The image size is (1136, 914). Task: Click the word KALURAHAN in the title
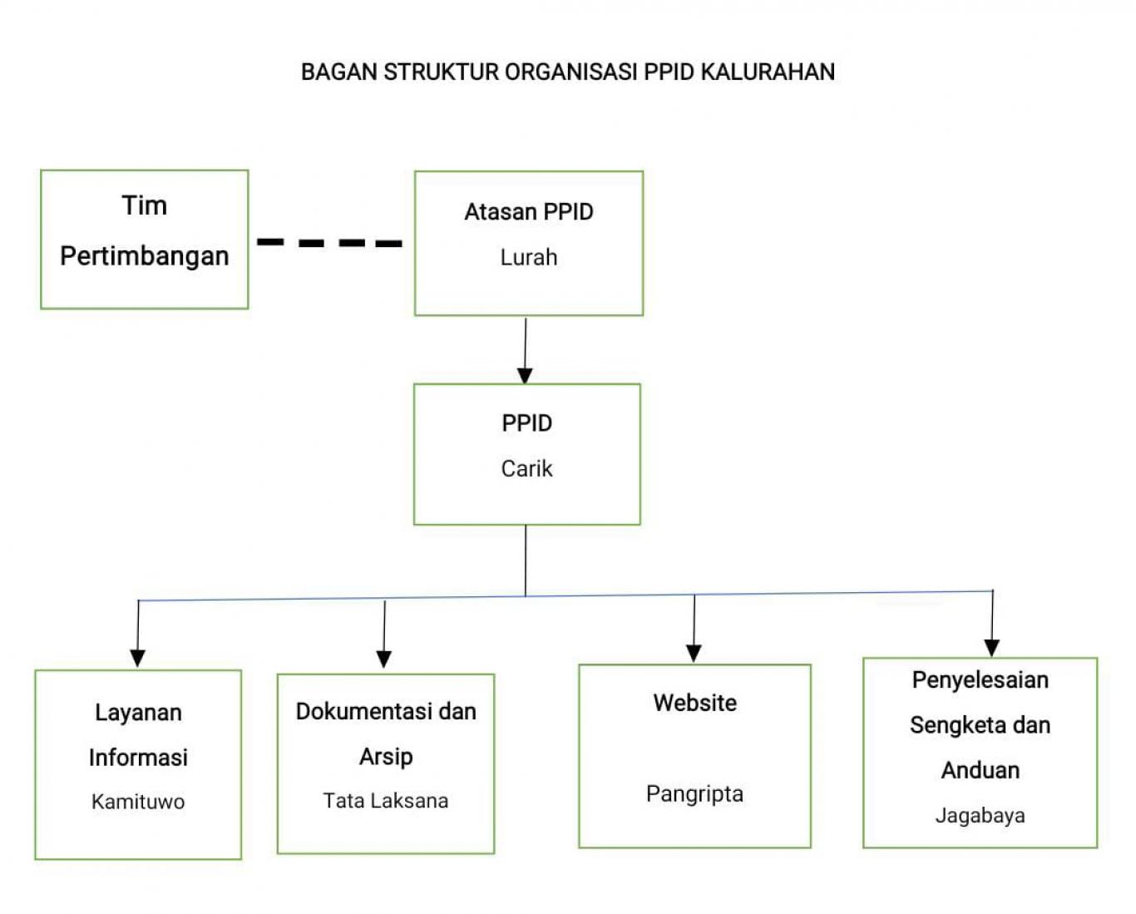[x=768, y=72]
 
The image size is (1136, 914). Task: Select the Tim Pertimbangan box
[x=145, y=240]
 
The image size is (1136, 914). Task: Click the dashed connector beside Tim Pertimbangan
[x=329, y=243]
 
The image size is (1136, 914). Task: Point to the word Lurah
[x=528, y=258]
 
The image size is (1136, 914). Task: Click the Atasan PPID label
[x=528, y=212]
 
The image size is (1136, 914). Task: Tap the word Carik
[x=526, y=469]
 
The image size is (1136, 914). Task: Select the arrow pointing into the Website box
[x=694, y=630]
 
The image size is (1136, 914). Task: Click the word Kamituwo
[x=138, y=803]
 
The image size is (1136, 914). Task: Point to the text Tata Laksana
[x=385, y=801]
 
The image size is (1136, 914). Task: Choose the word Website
[x=694, y=704]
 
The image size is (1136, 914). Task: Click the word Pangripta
[x=694, y=794]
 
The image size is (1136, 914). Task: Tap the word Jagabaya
[x=980, y=816]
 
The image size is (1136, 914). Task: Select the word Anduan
[x=980, y=771]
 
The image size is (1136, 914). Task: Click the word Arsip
[x=386, y=757]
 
